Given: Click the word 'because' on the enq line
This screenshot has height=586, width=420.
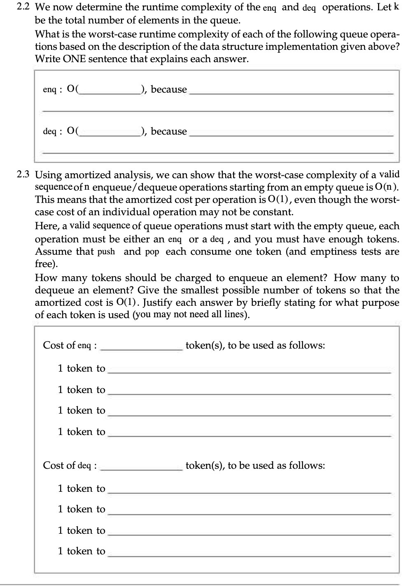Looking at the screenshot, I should click(169, 89).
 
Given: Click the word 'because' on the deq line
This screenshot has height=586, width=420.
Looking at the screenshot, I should click(169, 131).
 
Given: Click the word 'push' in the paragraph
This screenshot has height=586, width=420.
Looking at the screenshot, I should click(106, 252).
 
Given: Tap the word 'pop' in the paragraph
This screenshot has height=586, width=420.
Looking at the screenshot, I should click(152, 252).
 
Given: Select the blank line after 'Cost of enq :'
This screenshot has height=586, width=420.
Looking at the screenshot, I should click(141, 346).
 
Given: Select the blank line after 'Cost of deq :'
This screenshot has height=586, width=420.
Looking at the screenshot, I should click(141, 466).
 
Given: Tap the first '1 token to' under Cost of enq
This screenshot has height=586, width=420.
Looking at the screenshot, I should click(82, 368).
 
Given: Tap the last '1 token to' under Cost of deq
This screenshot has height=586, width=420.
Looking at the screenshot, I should click(82, 551).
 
